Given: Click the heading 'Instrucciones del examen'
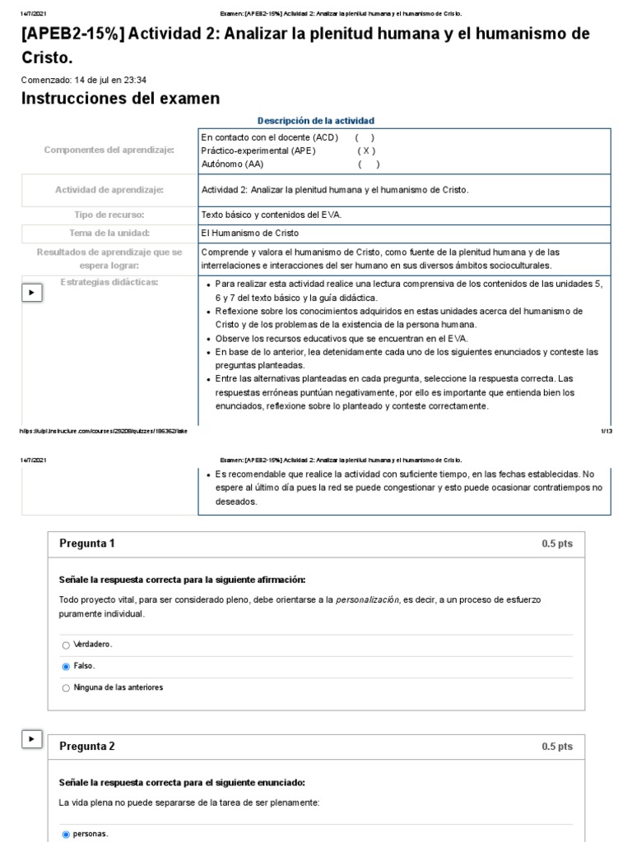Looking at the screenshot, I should tap(120, 99).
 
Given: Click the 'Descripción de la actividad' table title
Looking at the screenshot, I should tap(316, 121).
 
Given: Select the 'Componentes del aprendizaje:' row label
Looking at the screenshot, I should tap(109, 150).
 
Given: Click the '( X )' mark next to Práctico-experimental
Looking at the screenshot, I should tap(366, 150).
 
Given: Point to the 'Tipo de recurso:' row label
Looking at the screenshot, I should tap(109, 215).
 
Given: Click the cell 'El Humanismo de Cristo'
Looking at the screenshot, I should tap(250, 233).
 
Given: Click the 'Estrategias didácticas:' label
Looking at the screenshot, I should tap(109, 282).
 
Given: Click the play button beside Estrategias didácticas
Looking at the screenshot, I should tap(32, 293).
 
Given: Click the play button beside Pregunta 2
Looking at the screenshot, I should tap(32, 740).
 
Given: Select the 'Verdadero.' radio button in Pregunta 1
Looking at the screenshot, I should tap(66, 645).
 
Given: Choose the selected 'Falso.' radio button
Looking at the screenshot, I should tap(66, 666).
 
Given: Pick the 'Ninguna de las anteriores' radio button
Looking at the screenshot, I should tap(66, 687).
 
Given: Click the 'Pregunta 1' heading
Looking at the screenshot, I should tap(87, 544).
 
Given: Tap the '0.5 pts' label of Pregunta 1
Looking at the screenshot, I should tap(557, 544).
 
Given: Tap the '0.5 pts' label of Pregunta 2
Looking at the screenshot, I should tap(557, 747).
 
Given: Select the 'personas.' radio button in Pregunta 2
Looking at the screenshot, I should tap(66, 834).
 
